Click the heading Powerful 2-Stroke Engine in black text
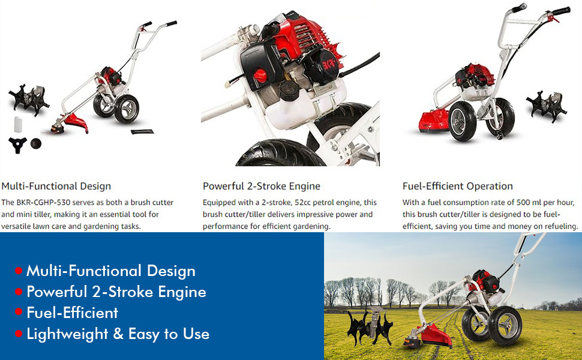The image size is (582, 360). click(x=262, y=186)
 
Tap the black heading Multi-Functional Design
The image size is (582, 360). click(x=56, y=186)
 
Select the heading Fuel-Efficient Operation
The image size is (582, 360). click(x=458, y=186)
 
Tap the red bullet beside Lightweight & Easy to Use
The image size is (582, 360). click(x=19, y=334)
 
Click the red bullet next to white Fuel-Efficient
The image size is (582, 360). click(x=19, y=312)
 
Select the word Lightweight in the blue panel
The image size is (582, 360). click(x=68, y=334)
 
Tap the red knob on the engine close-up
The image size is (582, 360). click(x=260, y=76)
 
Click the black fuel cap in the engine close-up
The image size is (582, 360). click(x=289, y=91)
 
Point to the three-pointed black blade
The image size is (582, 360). click(x=17, y=145)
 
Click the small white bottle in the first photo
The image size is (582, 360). click(x=18, y=124)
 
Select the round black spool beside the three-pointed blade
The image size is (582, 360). click(x=36, y=143)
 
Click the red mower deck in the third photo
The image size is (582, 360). click(x=434, y=121)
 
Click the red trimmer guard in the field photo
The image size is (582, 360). click(x=436, y=334)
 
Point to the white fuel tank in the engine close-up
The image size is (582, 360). click(x=304, y=107)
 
